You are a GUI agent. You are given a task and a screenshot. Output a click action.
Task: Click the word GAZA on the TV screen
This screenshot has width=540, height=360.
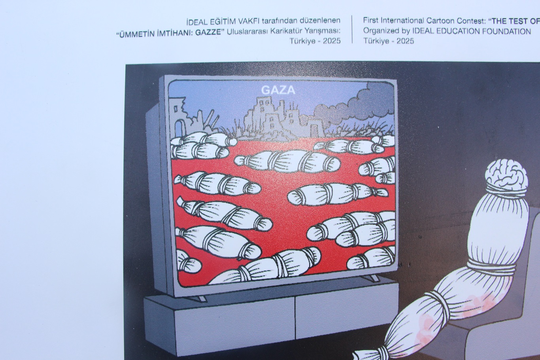278,90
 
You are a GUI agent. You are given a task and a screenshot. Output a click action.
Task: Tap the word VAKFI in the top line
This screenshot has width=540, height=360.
249,21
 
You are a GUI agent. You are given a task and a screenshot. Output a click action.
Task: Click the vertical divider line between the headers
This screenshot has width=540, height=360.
352,29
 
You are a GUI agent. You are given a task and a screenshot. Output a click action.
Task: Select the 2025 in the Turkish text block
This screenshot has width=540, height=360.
332,41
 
